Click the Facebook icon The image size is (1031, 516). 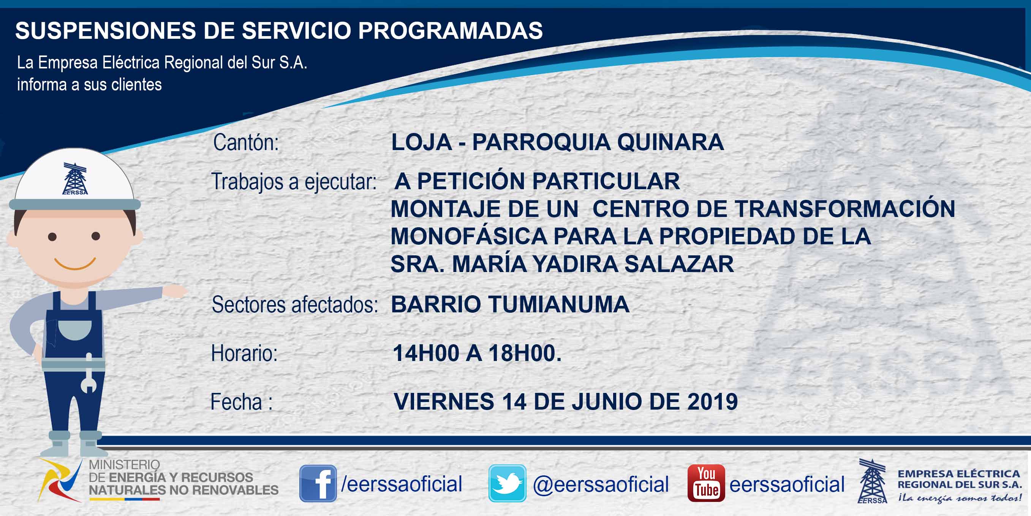click(318, 483)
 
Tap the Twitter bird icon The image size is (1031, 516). click(507, 483)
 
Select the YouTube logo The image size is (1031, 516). click(706, 483)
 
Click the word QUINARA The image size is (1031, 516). click(670, 142)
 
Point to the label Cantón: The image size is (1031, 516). click(246, 142)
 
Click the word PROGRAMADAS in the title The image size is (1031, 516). click(450, 30)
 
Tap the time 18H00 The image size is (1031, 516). click(525, 353)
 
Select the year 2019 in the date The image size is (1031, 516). click(712, 402)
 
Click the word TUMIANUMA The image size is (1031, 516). click(559, 304)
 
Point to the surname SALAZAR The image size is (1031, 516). click(679, 264)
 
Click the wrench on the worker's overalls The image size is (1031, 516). click(89, 373)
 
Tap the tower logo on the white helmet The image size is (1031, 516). click(75, 179)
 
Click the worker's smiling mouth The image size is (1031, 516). click(75, 263)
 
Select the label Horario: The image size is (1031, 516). click(244, 353)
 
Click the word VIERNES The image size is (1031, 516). click(444, 402)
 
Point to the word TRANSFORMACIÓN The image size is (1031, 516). click(845, 209)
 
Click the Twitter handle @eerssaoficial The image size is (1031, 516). click(601, 484)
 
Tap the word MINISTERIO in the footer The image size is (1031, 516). click(124, 465)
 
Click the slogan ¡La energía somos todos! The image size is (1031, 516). click(959, 498)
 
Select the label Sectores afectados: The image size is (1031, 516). click(294, 305)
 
